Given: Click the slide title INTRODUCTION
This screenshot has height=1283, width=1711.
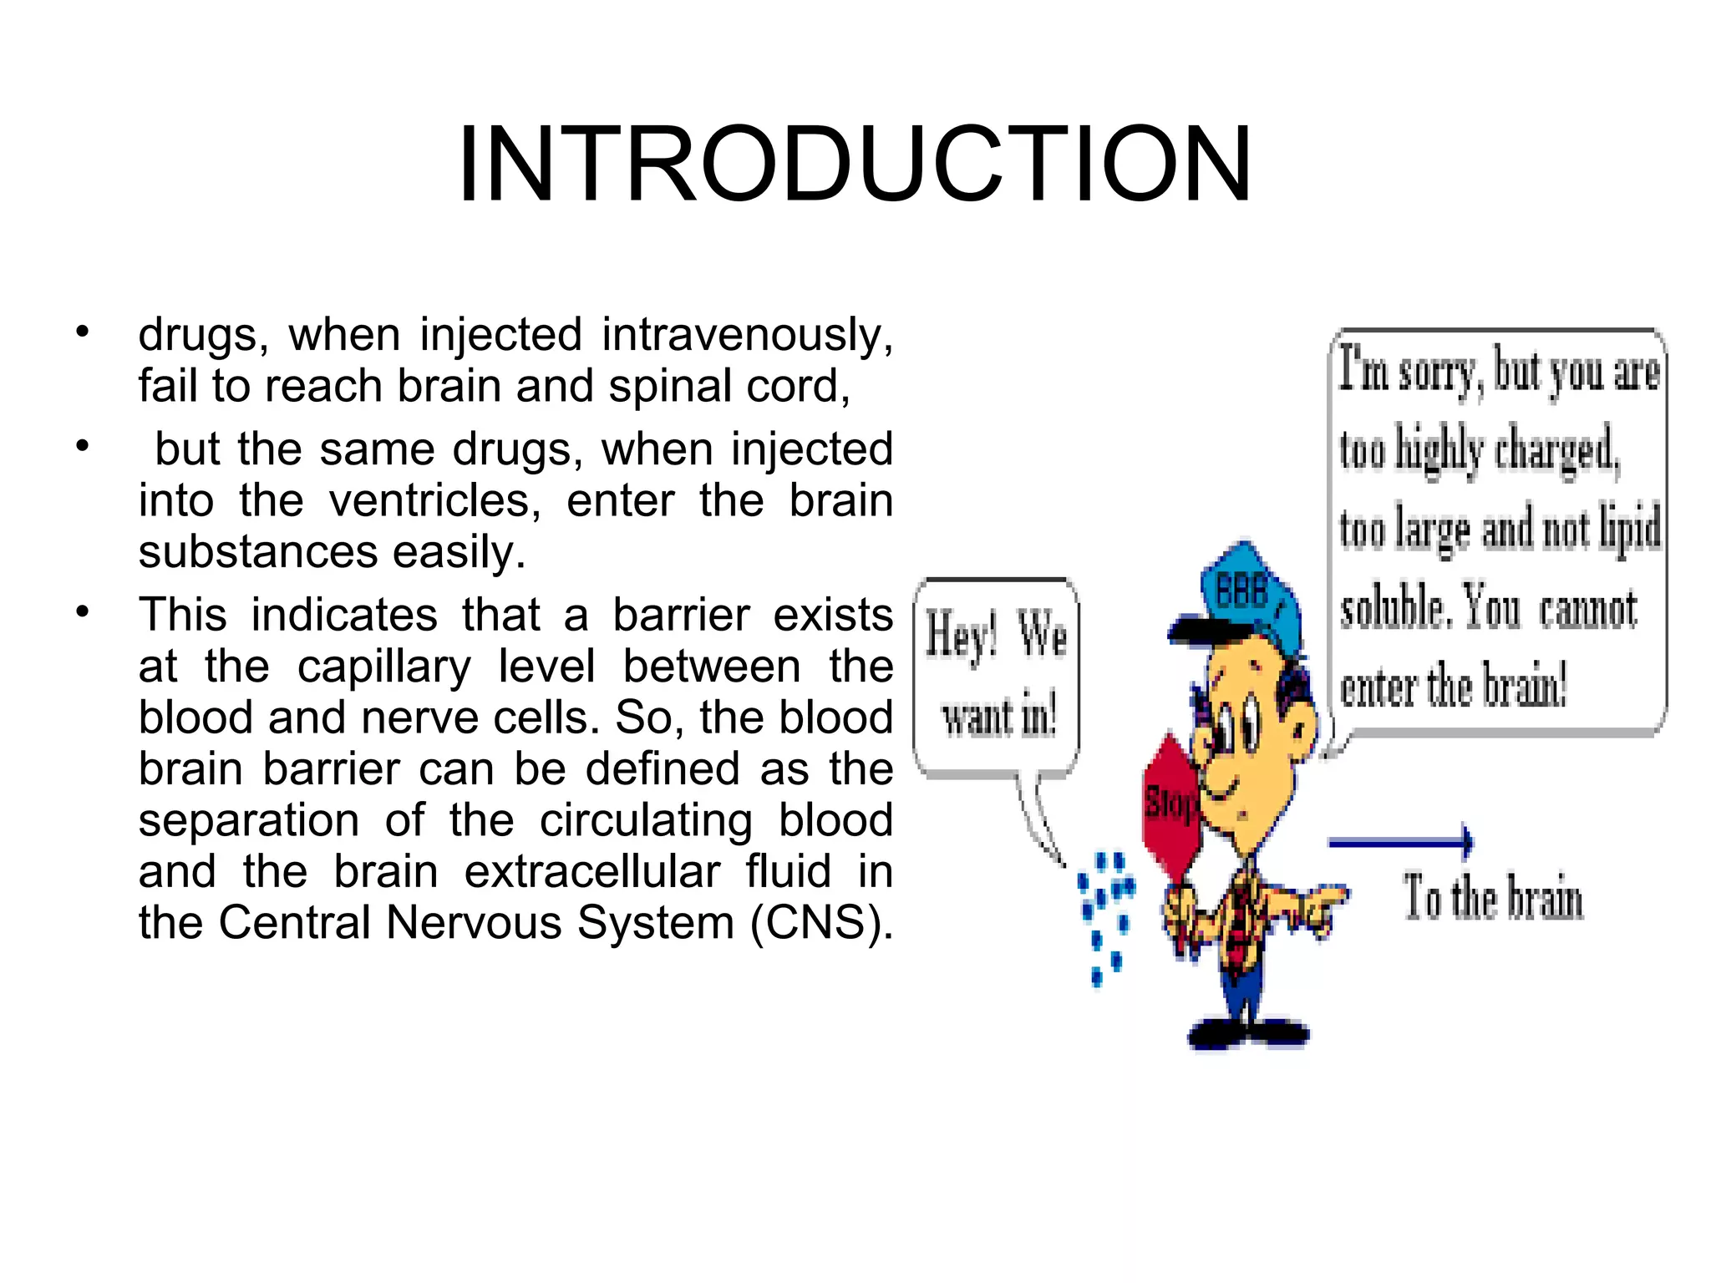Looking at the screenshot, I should pyautogui.click(x=854, y=165).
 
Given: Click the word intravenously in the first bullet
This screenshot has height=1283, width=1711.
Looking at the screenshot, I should pyautogui.click(x=747, y=336).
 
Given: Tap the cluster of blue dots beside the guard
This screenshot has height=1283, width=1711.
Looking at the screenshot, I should pyautogui.click(x=1104, y=915).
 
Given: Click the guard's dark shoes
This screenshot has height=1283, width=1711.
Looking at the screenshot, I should pyautogui.click(x=1248, y=1035).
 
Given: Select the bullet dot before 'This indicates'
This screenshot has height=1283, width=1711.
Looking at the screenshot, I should pyautogui.click(x=82, y=613).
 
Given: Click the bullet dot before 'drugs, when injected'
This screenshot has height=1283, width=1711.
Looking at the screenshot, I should pyautogui.click(x=82, y=333).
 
